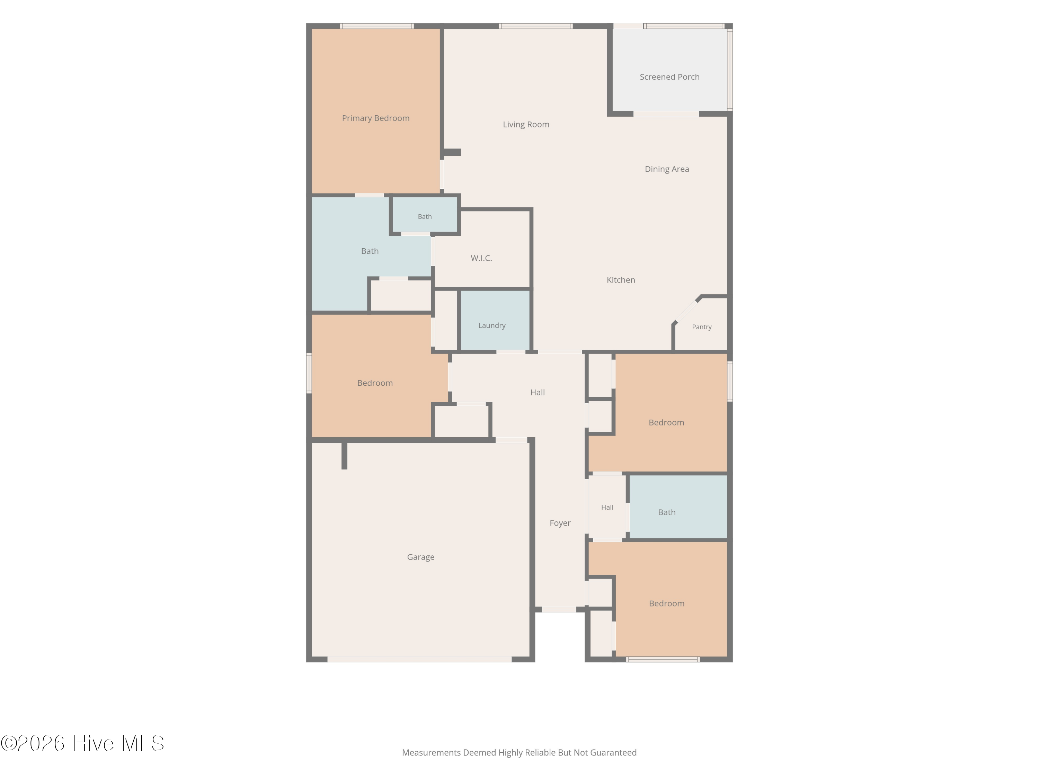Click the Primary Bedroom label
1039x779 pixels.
point(375,118)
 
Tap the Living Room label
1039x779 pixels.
point(526,124)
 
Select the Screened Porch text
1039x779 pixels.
point(669,77)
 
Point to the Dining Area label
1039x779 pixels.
point(667,169)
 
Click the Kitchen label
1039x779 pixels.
point(621,280)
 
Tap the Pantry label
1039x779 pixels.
point(701,327)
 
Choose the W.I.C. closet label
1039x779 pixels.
point(481,258)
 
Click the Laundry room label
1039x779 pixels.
point(492,325)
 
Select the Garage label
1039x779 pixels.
point(420,557)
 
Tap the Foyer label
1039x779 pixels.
point(560,523)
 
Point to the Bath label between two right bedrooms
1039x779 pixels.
point(667,512)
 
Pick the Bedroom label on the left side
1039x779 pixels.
point(375,383)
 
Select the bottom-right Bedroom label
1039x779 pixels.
point(667,603)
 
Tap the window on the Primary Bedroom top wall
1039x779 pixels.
point(377,26)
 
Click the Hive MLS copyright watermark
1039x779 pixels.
point(82,744)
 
